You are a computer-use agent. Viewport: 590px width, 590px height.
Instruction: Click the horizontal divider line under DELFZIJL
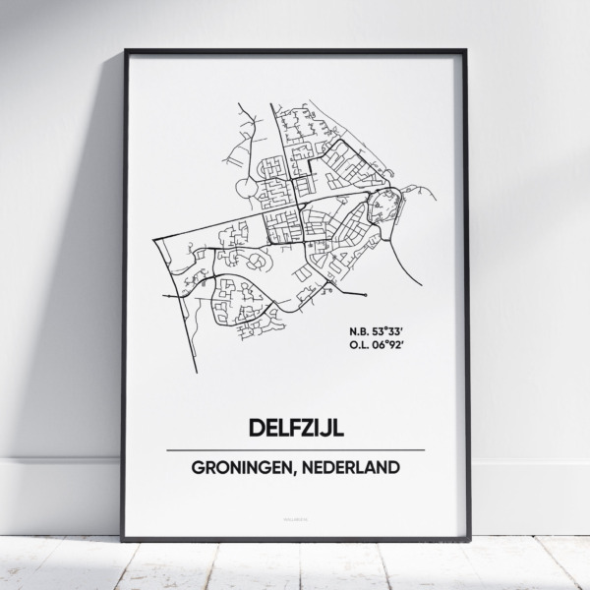pos(295,449)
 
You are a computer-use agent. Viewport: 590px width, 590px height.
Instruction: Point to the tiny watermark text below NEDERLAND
pos(295,508)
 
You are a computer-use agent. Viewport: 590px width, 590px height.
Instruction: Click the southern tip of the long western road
pos(199,372)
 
